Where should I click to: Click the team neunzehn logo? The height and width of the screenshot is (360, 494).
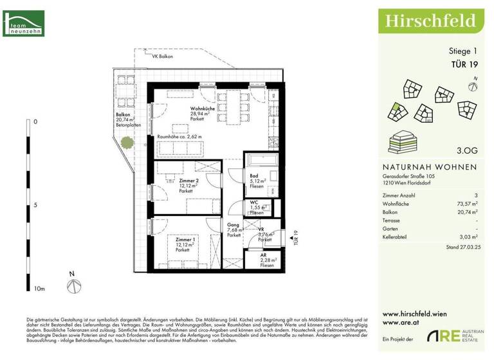tap(23, 23)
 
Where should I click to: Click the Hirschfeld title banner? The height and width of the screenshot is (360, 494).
tap(430, 21)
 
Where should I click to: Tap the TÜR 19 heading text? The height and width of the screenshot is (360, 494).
tap(462, 63)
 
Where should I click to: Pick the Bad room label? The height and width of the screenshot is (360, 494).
tap(255, 174)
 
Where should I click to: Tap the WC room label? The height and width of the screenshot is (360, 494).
tap(255, 202)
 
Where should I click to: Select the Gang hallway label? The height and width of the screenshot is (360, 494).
tap(233, 225)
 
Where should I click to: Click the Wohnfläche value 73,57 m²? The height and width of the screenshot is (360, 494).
tap(466, 203)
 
